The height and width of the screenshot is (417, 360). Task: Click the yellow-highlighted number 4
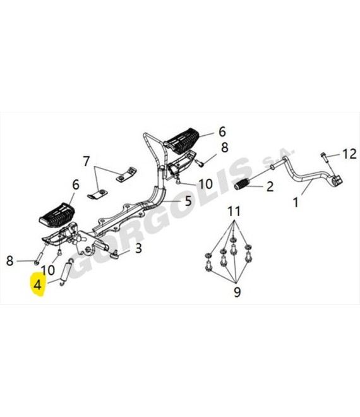[37, 285]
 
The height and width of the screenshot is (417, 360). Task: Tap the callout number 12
[349, 154]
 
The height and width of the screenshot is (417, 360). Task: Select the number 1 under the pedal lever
[296, 202]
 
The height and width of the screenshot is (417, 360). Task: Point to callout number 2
[270, 186]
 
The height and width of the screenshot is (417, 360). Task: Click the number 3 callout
[138, 248]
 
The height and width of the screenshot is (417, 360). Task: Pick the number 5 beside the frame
[188, 201]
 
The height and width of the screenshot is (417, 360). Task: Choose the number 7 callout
[86, 161]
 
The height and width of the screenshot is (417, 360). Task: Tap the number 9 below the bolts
[237, 292]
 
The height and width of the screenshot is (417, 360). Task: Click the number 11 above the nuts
[234, 212]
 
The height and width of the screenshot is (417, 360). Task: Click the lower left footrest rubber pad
[57, 215]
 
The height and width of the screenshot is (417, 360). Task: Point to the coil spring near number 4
[66, 272]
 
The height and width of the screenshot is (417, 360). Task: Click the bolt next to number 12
[323, 157]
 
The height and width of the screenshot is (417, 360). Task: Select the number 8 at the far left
[9, 261]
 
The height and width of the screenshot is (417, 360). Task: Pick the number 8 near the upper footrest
[225, 147]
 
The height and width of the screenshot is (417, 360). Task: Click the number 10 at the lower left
[48, 270]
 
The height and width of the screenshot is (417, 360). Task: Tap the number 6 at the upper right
[222, 131]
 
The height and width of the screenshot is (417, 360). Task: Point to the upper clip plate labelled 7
[126, 175]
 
